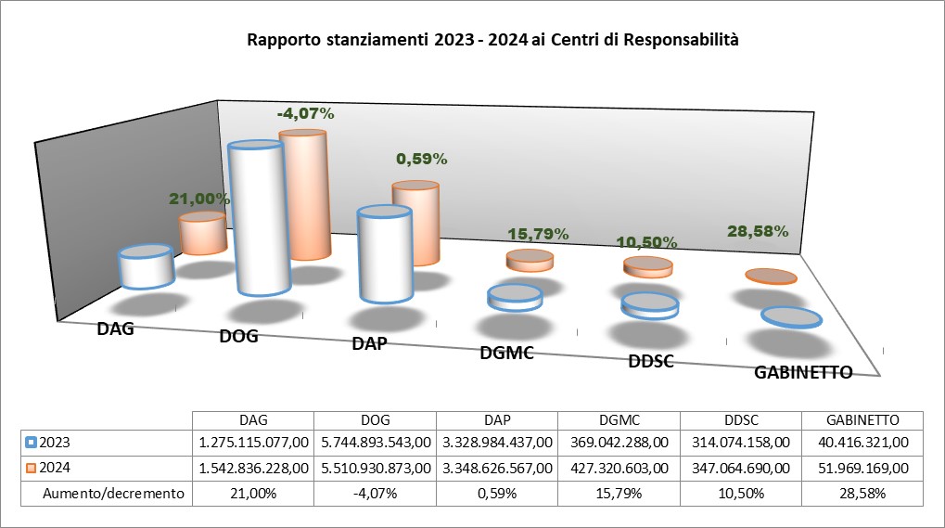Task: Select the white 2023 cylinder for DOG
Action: click(x=258, y=223)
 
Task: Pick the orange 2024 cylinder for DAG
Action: click(x=203, y=235)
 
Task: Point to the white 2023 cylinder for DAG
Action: click(x=146, y=267)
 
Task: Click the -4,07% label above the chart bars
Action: click(x=305, y=114)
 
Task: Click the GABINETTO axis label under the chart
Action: click(x=803, y=373)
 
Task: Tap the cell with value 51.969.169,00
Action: click(x=863, y=469)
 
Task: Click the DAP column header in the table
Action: click(x=496, y=419)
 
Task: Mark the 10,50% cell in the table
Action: click(x=741, y=494)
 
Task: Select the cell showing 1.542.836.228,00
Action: click(x=252, y=469)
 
